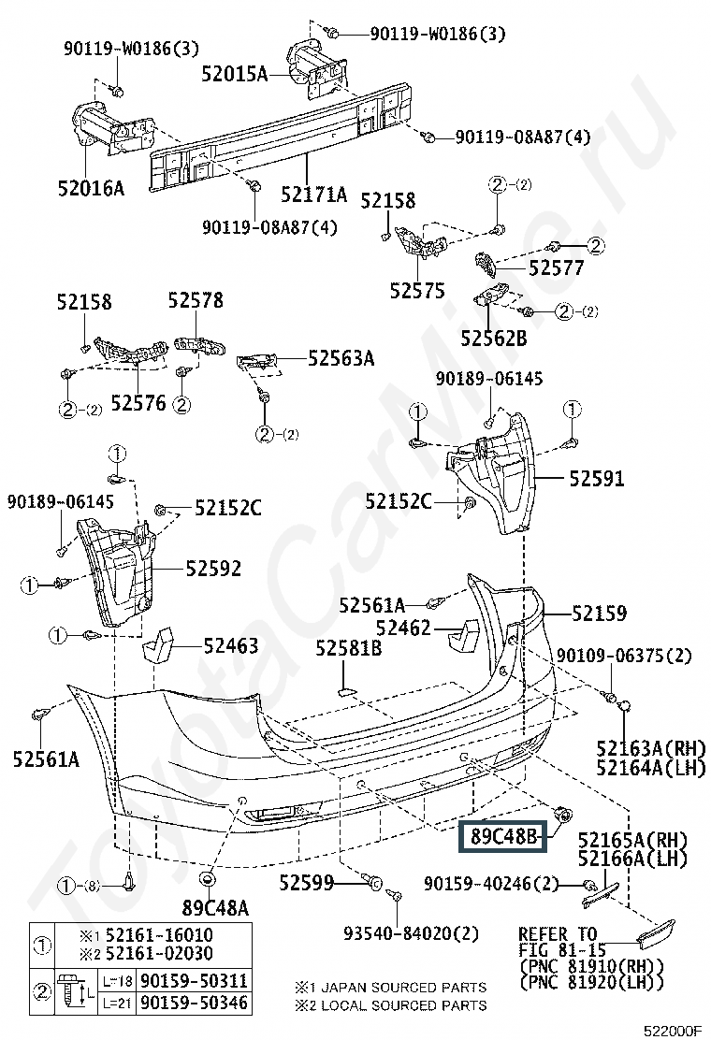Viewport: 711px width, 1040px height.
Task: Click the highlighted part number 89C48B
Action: point(502,836)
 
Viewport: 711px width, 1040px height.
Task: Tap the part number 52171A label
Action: point(313,195)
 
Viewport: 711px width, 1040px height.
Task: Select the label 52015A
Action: point(235,74)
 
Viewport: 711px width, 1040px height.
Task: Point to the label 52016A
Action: point(91,188)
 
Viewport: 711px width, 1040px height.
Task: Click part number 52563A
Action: point(341,358)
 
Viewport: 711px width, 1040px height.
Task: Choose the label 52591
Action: point(597,478)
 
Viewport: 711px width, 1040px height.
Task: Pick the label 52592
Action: point(213,569)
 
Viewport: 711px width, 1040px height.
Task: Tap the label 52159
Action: point(599,613)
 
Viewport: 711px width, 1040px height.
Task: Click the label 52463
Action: point(231,645)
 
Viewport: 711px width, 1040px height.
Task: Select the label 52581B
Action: point(348,647)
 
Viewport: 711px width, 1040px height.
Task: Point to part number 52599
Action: point(307,883)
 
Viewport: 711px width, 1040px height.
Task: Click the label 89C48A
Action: point(215,907)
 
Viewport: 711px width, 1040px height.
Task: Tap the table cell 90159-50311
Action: point(194,980)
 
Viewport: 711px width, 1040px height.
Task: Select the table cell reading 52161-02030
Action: point(159,954)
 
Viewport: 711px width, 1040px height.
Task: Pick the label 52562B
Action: point(494,339)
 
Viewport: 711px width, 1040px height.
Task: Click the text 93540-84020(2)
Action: point(411,933)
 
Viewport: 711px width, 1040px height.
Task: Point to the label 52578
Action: point(196,300)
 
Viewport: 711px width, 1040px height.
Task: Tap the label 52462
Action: point(403,628)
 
